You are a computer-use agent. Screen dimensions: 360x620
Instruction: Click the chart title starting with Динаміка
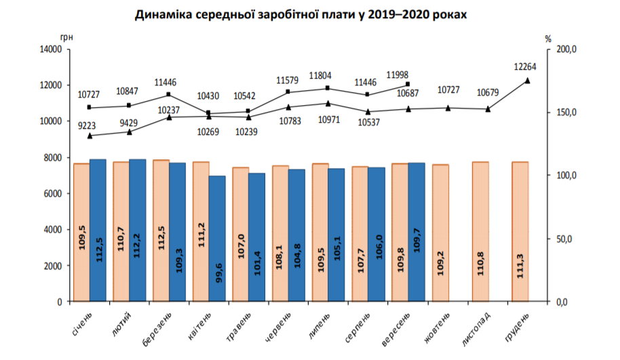310,14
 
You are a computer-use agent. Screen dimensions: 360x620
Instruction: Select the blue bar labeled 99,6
217,238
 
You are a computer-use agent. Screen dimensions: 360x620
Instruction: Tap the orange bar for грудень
520,231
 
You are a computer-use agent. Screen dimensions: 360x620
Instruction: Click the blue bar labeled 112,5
98,231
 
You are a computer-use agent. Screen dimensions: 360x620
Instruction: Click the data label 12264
528,66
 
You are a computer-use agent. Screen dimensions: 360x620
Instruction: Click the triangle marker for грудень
528,81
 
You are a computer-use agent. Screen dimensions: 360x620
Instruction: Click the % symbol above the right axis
548,39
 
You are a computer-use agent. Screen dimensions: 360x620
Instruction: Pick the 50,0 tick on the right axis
567,239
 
